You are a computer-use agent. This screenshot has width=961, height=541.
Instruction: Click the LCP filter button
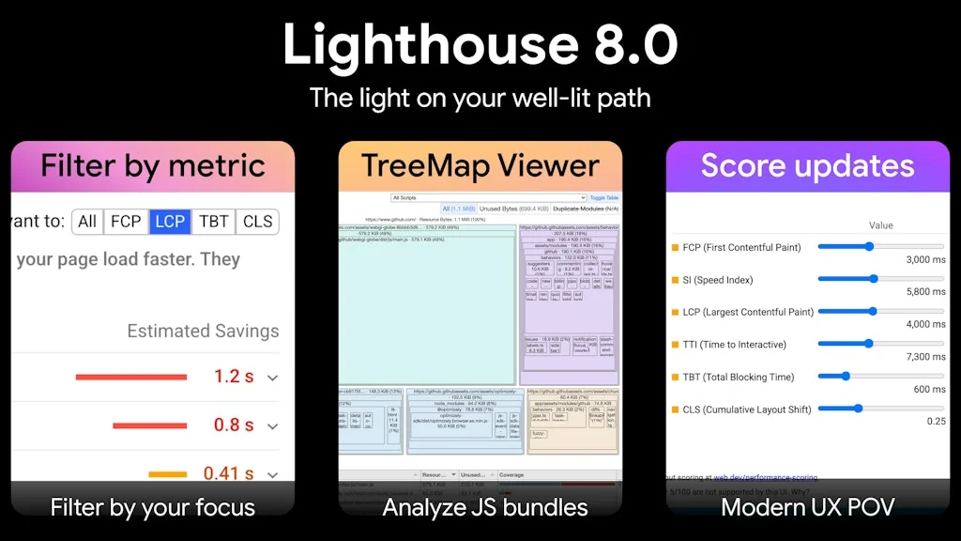(170, 222)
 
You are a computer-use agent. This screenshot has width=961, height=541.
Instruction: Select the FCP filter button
(126, 222)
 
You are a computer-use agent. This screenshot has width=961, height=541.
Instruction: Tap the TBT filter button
(214, 222)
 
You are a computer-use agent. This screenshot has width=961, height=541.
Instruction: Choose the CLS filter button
(257, 222)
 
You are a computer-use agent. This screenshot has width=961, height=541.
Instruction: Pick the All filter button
(87, 222)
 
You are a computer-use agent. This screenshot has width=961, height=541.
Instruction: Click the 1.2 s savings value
(234, 377)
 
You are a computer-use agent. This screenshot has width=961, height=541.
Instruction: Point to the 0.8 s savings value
(234, 425)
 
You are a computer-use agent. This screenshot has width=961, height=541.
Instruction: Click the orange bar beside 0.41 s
(168, 473)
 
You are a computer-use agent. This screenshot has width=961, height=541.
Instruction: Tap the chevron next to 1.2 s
(273, 378)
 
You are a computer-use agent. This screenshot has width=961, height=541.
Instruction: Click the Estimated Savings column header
(203, 331)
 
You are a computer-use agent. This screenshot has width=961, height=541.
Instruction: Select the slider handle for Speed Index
(874, 279)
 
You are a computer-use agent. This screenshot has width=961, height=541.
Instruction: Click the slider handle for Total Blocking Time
(846, 376)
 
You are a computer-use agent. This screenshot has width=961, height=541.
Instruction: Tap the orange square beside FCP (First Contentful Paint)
(674, 248)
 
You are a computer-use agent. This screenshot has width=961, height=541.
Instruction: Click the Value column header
(881, 225)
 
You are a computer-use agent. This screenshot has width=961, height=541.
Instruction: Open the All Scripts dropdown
(489, 198)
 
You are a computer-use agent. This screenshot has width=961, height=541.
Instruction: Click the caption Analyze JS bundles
(485, 508)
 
